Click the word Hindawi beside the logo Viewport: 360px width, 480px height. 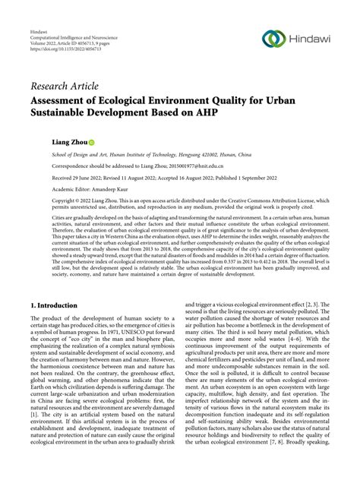pos(308,39)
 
